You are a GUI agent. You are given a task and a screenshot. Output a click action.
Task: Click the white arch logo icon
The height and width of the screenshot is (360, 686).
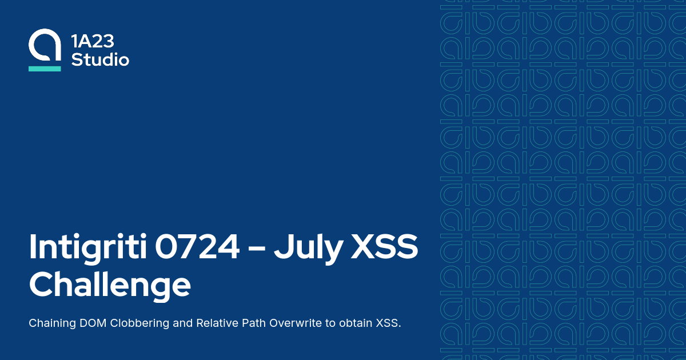pyautogui.click(x=45, y=46)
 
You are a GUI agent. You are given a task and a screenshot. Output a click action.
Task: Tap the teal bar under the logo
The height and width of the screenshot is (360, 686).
pyautogui.click(x=45, y=69)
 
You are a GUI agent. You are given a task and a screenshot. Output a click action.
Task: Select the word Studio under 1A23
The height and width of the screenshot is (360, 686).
pyautogui.click(x=100, y=59)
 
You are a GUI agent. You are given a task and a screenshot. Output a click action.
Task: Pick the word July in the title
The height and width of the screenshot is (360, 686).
pyautogui.click(x=303, y=247)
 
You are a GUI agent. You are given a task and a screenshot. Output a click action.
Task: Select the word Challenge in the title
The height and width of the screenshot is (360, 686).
pyautogui.click(x=110, y=284)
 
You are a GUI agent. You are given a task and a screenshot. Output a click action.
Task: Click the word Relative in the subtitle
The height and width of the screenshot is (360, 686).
pyautogui.click(x=217, y=323)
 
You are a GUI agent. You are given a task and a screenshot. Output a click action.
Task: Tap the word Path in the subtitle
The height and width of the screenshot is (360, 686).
pyautogui.click(x=254, y=323)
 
